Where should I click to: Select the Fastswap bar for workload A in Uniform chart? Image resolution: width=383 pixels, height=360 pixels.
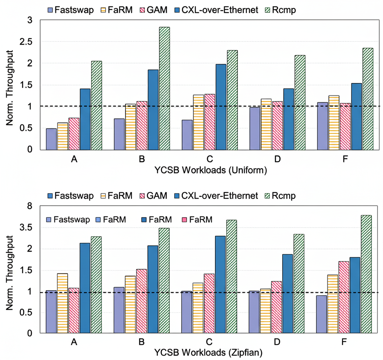(x=51, y=139)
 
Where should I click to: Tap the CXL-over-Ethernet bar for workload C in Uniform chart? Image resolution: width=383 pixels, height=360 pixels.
(x=221, y=107)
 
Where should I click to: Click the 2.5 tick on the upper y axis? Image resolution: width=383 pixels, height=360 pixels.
(x=29, y=42)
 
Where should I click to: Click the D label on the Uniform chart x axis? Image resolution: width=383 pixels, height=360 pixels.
(x=277, y=159)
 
